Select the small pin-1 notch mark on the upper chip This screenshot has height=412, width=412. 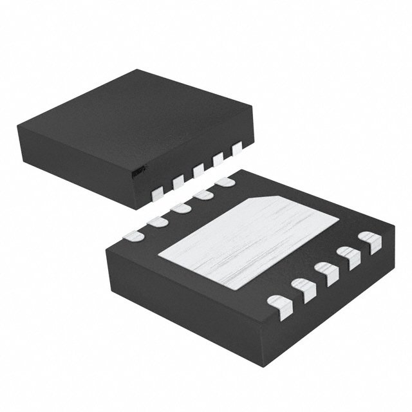[138, 171]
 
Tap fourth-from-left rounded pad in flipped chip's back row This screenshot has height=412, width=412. [202, 195]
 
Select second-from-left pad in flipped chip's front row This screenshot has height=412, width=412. [303, 289]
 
